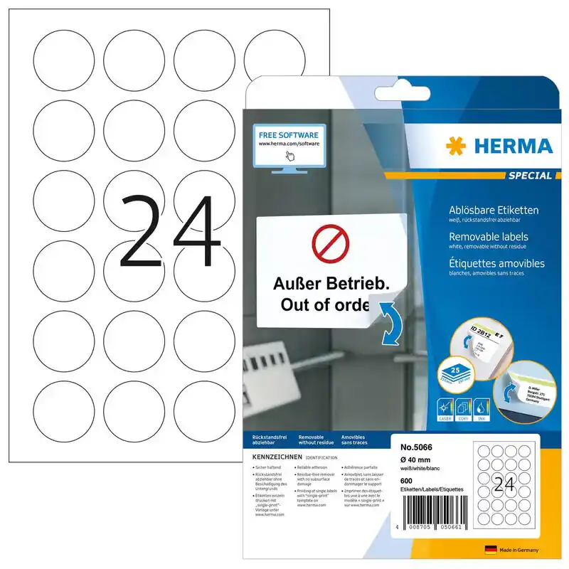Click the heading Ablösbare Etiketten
point(494,211)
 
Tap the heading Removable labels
point(487,237)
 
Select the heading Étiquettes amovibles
point(496,263)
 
